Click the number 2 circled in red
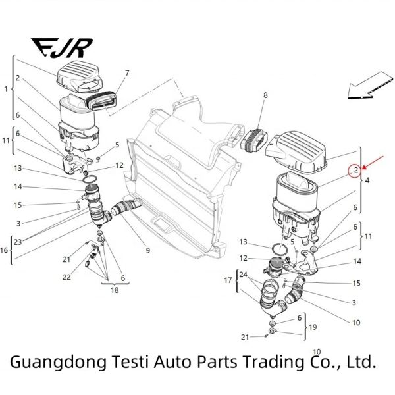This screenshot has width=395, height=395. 355,171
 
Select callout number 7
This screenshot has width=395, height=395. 126,72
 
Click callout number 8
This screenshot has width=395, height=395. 265,96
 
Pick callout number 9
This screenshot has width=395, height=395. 148,250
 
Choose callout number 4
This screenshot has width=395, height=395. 367,180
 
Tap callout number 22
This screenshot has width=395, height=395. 66,277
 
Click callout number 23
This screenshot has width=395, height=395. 18,242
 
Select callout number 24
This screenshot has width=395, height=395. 244,274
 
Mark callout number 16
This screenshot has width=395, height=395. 5,250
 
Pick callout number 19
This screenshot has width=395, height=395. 313,327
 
